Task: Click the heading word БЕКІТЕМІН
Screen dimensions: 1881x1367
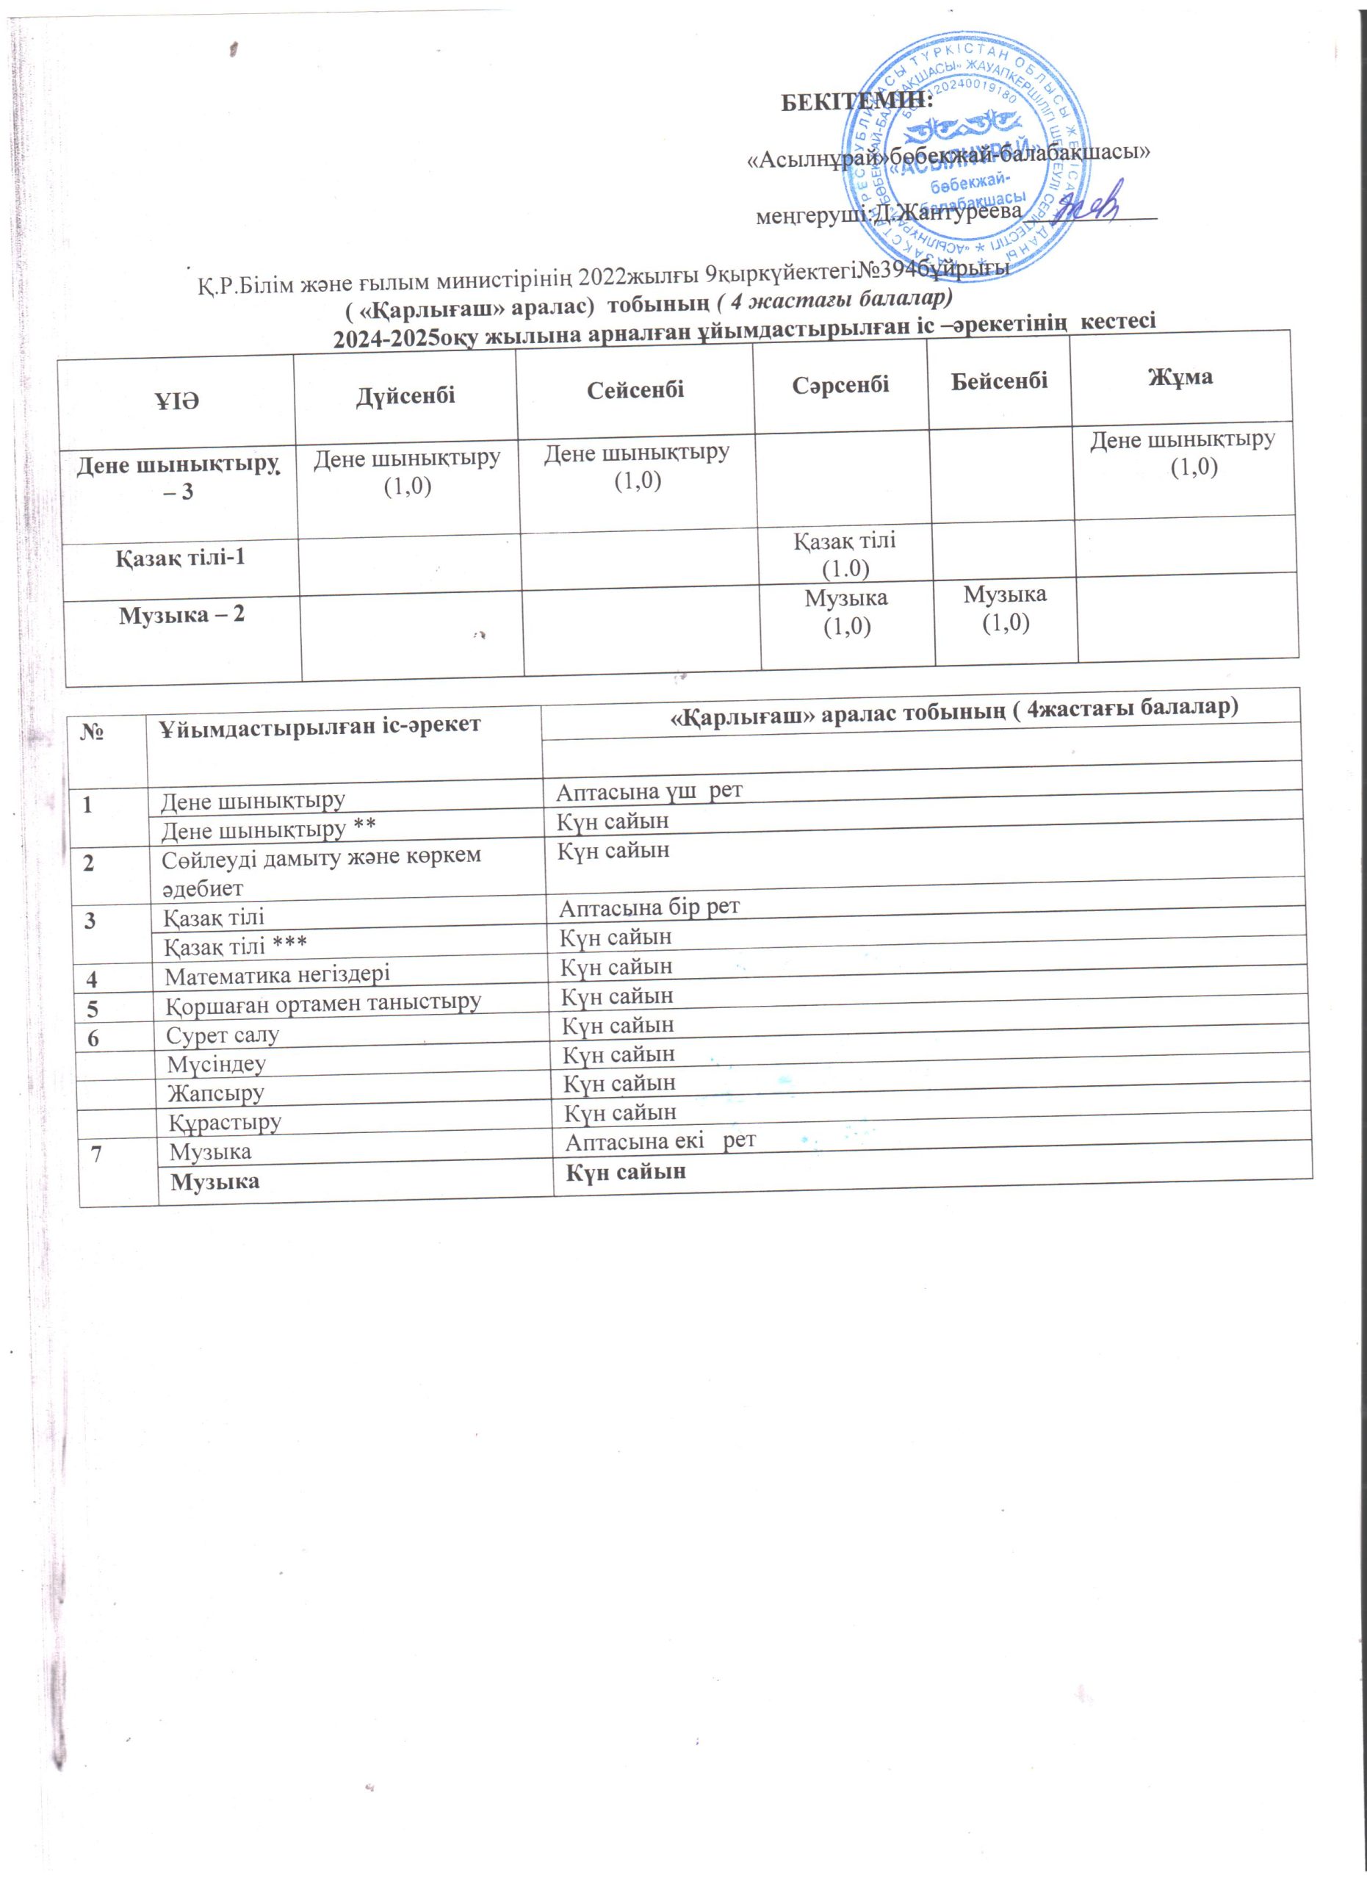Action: click(858, 102)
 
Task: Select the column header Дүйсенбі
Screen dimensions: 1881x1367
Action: click(405, 395)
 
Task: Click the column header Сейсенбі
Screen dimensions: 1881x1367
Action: click(635, 390)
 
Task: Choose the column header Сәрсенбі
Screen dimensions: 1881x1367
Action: click(840, 384)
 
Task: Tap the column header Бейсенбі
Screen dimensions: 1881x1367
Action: click(999, 381)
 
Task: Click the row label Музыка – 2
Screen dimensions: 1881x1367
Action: click(182, 616)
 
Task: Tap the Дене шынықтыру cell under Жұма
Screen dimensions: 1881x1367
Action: click(1182, 453)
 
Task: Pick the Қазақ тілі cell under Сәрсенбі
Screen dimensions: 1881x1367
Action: click(845, 553)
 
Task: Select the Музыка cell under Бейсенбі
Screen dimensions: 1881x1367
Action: click(1005, 607)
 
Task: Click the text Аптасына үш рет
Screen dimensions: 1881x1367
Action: click(649, 791)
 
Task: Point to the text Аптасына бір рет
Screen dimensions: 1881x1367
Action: click(649, 907)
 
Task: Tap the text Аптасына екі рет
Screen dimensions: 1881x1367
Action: click(660, 1140)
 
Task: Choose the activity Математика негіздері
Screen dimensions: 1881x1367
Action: click(278, 974)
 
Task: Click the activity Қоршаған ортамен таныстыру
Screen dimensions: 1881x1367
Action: click(323, 1003)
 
